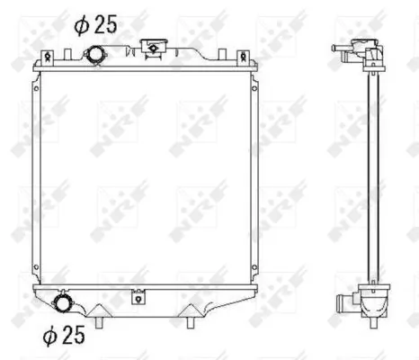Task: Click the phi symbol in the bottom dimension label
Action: point(50,336)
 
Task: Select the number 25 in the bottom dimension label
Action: point(74,336)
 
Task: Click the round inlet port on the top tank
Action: point(95,57)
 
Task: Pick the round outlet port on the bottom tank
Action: point(65,302)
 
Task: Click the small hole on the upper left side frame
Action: point(35,91)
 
